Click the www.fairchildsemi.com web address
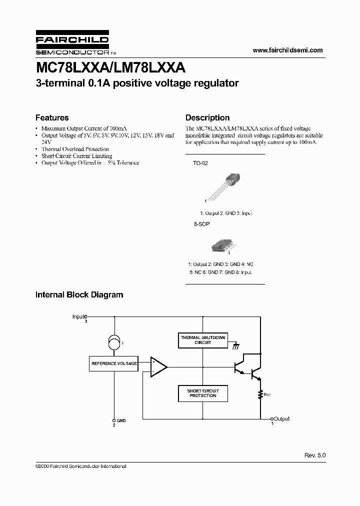click(x=287, y=50)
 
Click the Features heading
click(x=52, y=118)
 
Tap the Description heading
click(x=207, y=118)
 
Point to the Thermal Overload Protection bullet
click(x=75, y=149)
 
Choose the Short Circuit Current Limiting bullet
click(x=76, y=156)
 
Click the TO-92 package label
click(x=200, y=163)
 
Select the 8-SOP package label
click(x=200, y=224)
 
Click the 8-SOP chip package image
click(x=222, y=244)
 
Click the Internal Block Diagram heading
click(x=79, y=295)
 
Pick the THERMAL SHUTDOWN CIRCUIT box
click(x=203, y=340)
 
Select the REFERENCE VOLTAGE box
click(x=114, y=363)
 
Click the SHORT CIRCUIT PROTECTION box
click(x=203, y=393)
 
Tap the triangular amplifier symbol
click(x=158, y=367)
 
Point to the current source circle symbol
click(x=114, y=343)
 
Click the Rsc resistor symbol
click(x=260, y=394)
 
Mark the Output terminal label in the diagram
click(x=281, y=419)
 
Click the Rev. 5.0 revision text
click(x=314, y=455)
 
